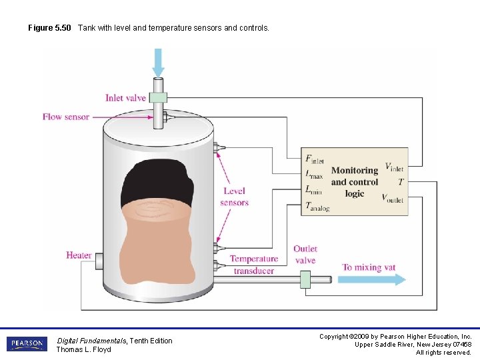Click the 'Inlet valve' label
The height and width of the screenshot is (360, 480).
pos(125,98)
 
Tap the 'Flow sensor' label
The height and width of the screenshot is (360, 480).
pos(66,117)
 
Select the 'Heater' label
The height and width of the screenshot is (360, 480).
pos(79,255)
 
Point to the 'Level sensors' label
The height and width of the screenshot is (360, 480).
pos(234,197)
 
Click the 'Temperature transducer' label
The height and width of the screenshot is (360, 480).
pos(253,265)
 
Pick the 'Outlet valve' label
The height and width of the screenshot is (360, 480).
pos(305,255)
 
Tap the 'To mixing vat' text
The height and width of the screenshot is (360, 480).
pos(369,267)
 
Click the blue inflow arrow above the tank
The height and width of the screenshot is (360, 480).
pos(158,63)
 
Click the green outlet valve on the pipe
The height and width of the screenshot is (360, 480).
pos(306,279)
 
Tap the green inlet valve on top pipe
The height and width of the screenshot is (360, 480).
pos(158,97)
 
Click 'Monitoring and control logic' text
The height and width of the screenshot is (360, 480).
pos(355,182)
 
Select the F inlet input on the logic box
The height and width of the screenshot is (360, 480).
pos(314,159)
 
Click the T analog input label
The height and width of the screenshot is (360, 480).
pos(317,207)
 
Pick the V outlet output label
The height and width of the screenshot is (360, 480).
pos(392,198)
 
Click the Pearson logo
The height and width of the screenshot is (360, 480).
pos(27,344)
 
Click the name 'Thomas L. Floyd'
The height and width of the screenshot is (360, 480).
pos(83,349)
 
